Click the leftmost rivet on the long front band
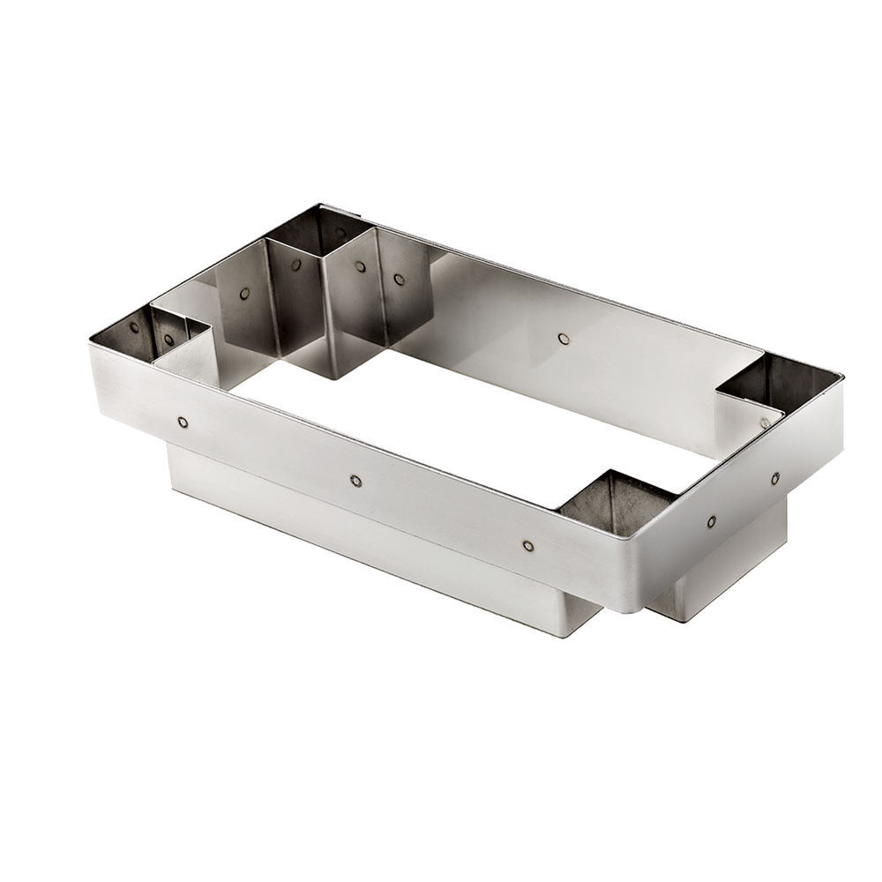click(x=183, y=422)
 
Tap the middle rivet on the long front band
click(x=355, y=481)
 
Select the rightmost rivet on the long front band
click(x=527, y=546)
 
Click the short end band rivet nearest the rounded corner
click(x=711, y=522)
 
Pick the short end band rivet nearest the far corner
click(x=774, y=479)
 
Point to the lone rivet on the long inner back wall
click(x=564, y=338)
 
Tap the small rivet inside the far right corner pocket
click(x=765, y=422)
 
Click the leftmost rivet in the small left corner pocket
click(x=134, y=327)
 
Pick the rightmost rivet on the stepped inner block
click(x=400, y=280)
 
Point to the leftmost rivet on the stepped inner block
click(x=244, y=294)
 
